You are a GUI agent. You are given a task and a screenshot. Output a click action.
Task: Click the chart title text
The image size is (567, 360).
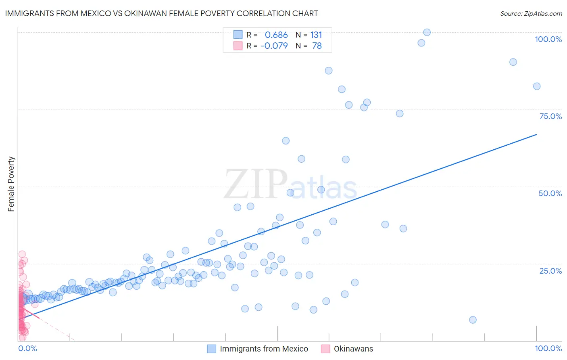[161, 13]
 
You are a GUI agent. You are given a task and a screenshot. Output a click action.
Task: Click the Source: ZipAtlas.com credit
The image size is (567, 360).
[531, 13]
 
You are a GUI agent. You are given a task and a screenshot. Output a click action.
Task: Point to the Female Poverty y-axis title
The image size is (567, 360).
[11, 184]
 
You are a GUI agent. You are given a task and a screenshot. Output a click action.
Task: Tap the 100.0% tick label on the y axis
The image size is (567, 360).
[548, 39]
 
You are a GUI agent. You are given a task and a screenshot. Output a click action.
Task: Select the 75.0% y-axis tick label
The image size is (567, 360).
[550, 116]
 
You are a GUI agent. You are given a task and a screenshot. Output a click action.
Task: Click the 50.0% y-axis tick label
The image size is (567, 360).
[550, 193]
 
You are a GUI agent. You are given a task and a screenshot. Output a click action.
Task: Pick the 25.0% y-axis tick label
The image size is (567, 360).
[550, 270]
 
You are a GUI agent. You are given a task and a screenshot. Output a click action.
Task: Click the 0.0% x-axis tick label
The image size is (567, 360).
[27, 348]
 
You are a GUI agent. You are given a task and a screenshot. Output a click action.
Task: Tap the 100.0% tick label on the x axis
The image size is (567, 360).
[548, 348]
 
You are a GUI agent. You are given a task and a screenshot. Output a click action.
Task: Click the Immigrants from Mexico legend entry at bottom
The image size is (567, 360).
[264, 349]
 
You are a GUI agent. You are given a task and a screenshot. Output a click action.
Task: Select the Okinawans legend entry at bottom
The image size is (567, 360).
[353, 349]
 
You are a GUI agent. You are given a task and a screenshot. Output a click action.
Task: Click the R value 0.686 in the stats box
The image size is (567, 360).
[276, 35]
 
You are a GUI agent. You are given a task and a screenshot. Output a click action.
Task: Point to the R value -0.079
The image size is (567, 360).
[274, 46]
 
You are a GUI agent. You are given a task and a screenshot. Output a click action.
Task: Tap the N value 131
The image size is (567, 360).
[316, 35]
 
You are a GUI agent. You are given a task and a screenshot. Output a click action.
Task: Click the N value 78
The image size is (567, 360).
[317, 46]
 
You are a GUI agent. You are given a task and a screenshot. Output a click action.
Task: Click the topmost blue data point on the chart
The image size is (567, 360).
[427, 32]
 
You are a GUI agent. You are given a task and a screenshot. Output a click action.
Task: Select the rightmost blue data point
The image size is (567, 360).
[537, 86]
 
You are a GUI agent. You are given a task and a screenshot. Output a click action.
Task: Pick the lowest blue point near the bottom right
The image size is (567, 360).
[473, 320]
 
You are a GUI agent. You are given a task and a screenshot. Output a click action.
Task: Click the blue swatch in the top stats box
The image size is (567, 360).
[238, 35]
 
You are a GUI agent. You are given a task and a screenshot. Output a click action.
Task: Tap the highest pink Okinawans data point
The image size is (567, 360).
[22, 255]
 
